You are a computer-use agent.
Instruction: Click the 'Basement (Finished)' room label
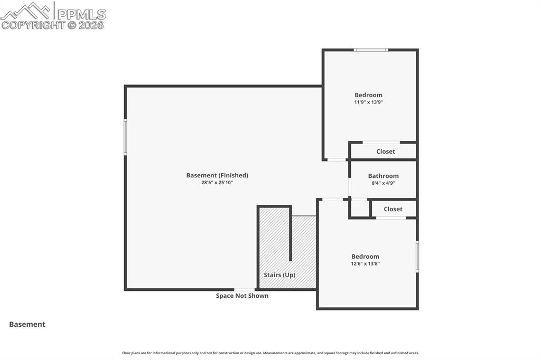[217, 175]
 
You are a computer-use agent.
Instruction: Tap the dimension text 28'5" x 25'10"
[217, 183]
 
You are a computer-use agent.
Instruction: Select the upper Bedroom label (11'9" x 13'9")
[368, 95]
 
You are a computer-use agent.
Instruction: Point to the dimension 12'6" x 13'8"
[365, 263]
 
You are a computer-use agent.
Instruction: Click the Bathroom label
[383, 176]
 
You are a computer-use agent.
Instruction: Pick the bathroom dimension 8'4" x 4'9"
[383, 183]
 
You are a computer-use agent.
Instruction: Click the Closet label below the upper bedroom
[386, 151]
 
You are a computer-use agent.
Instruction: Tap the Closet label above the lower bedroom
[393, 209]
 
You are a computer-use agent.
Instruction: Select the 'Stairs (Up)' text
[279, 275]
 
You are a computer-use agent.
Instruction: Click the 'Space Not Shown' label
[242, 296]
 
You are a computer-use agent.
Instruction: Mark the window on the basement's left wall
[125, 137]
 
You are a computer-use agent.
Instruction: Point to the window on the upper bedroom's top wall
[371, 50]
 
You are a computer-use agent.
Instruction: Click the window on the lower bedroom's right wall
[417, 257]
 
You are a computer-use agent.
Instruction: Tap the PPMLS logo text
[81, 14]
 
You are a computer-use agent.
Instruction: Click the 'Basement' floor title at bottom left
[27, 325]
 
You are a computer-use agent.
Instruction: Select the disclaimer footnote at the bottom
[270, 353]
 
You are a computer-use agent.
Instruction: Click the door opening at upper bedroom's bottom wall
[336, 159]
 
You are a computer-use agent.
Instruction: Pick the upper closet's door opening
[381, 142]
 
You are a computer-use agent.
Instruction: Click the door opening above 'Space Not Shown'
[245, 289]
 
